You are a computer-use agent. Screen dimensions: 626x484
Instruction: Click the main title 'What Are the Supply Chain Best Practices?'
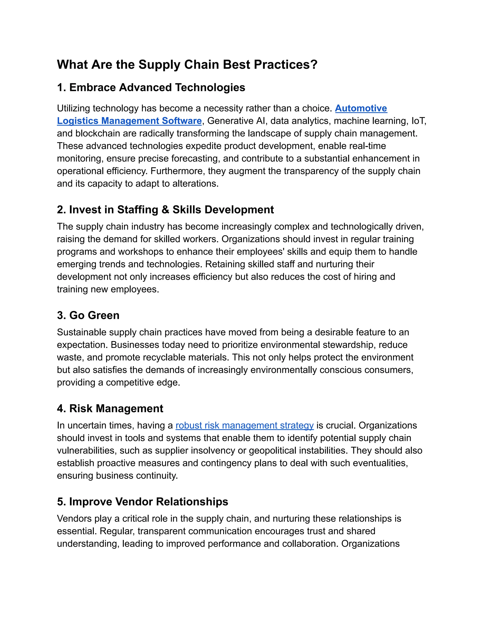click(x=187, y=64)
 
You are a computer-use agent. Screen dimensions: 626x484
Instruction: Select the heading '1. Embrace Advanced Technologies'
click(x=151, y=87)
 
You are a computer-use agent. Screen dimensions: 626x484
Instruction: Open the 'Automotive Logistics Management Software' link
click(x=129, y=121)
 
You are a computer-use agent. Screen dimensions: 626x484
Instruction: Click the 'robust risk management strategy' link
click(x=244, y=425)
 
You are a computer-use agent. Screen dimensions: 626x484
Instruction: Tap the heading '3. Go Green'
click(x=88, y=315)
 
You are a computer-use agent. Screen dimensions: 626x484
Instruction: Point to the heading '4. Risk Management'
click(x=110, y=408)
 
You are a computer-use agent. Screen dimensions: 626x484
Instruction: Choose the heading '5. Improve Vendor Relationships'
click(x=142, y=502)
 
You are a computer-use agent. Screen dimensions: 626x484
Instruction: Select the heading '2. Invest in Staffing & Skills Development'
click(x=165, y=210)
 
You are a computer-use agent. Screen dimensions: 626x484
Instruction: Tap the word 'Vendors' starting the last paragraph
click(x=74, y=519)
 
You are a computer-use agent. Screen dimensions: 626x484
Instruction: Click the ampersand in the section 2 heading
click(x=165, y=210)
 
